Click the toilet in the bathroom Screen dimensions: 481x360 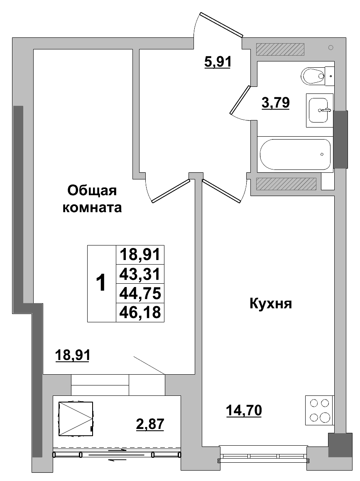coord(312,76)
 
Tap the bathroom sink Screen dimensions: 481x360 coord(319,110)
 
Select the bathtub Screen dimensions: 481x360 coord(295,154)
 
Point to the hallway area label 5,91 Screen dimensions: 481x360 coord(217,62)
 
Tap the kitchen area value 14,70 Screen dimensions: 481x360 coord(244,411)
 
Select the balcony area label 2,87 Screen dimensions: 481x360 coord(150,425)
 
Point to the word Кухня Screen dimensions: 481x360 coord(271,304)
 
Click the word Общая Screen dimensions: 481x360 coord(93,191)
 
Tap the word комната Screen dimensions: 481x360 coord(92,207)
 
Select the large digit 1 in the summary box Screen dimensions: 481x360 coord(101,283)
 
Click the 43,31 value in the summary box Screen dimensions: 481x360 coord(140,274)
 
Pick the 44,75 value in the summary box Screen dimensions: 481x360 coord(140,293)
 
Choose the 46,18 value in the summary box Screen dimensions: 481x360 coord(140,312)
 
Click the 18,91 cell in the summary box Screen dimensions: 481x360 coord(140,254)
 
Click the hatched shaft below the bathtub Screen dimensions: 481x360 coord(286,183)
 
